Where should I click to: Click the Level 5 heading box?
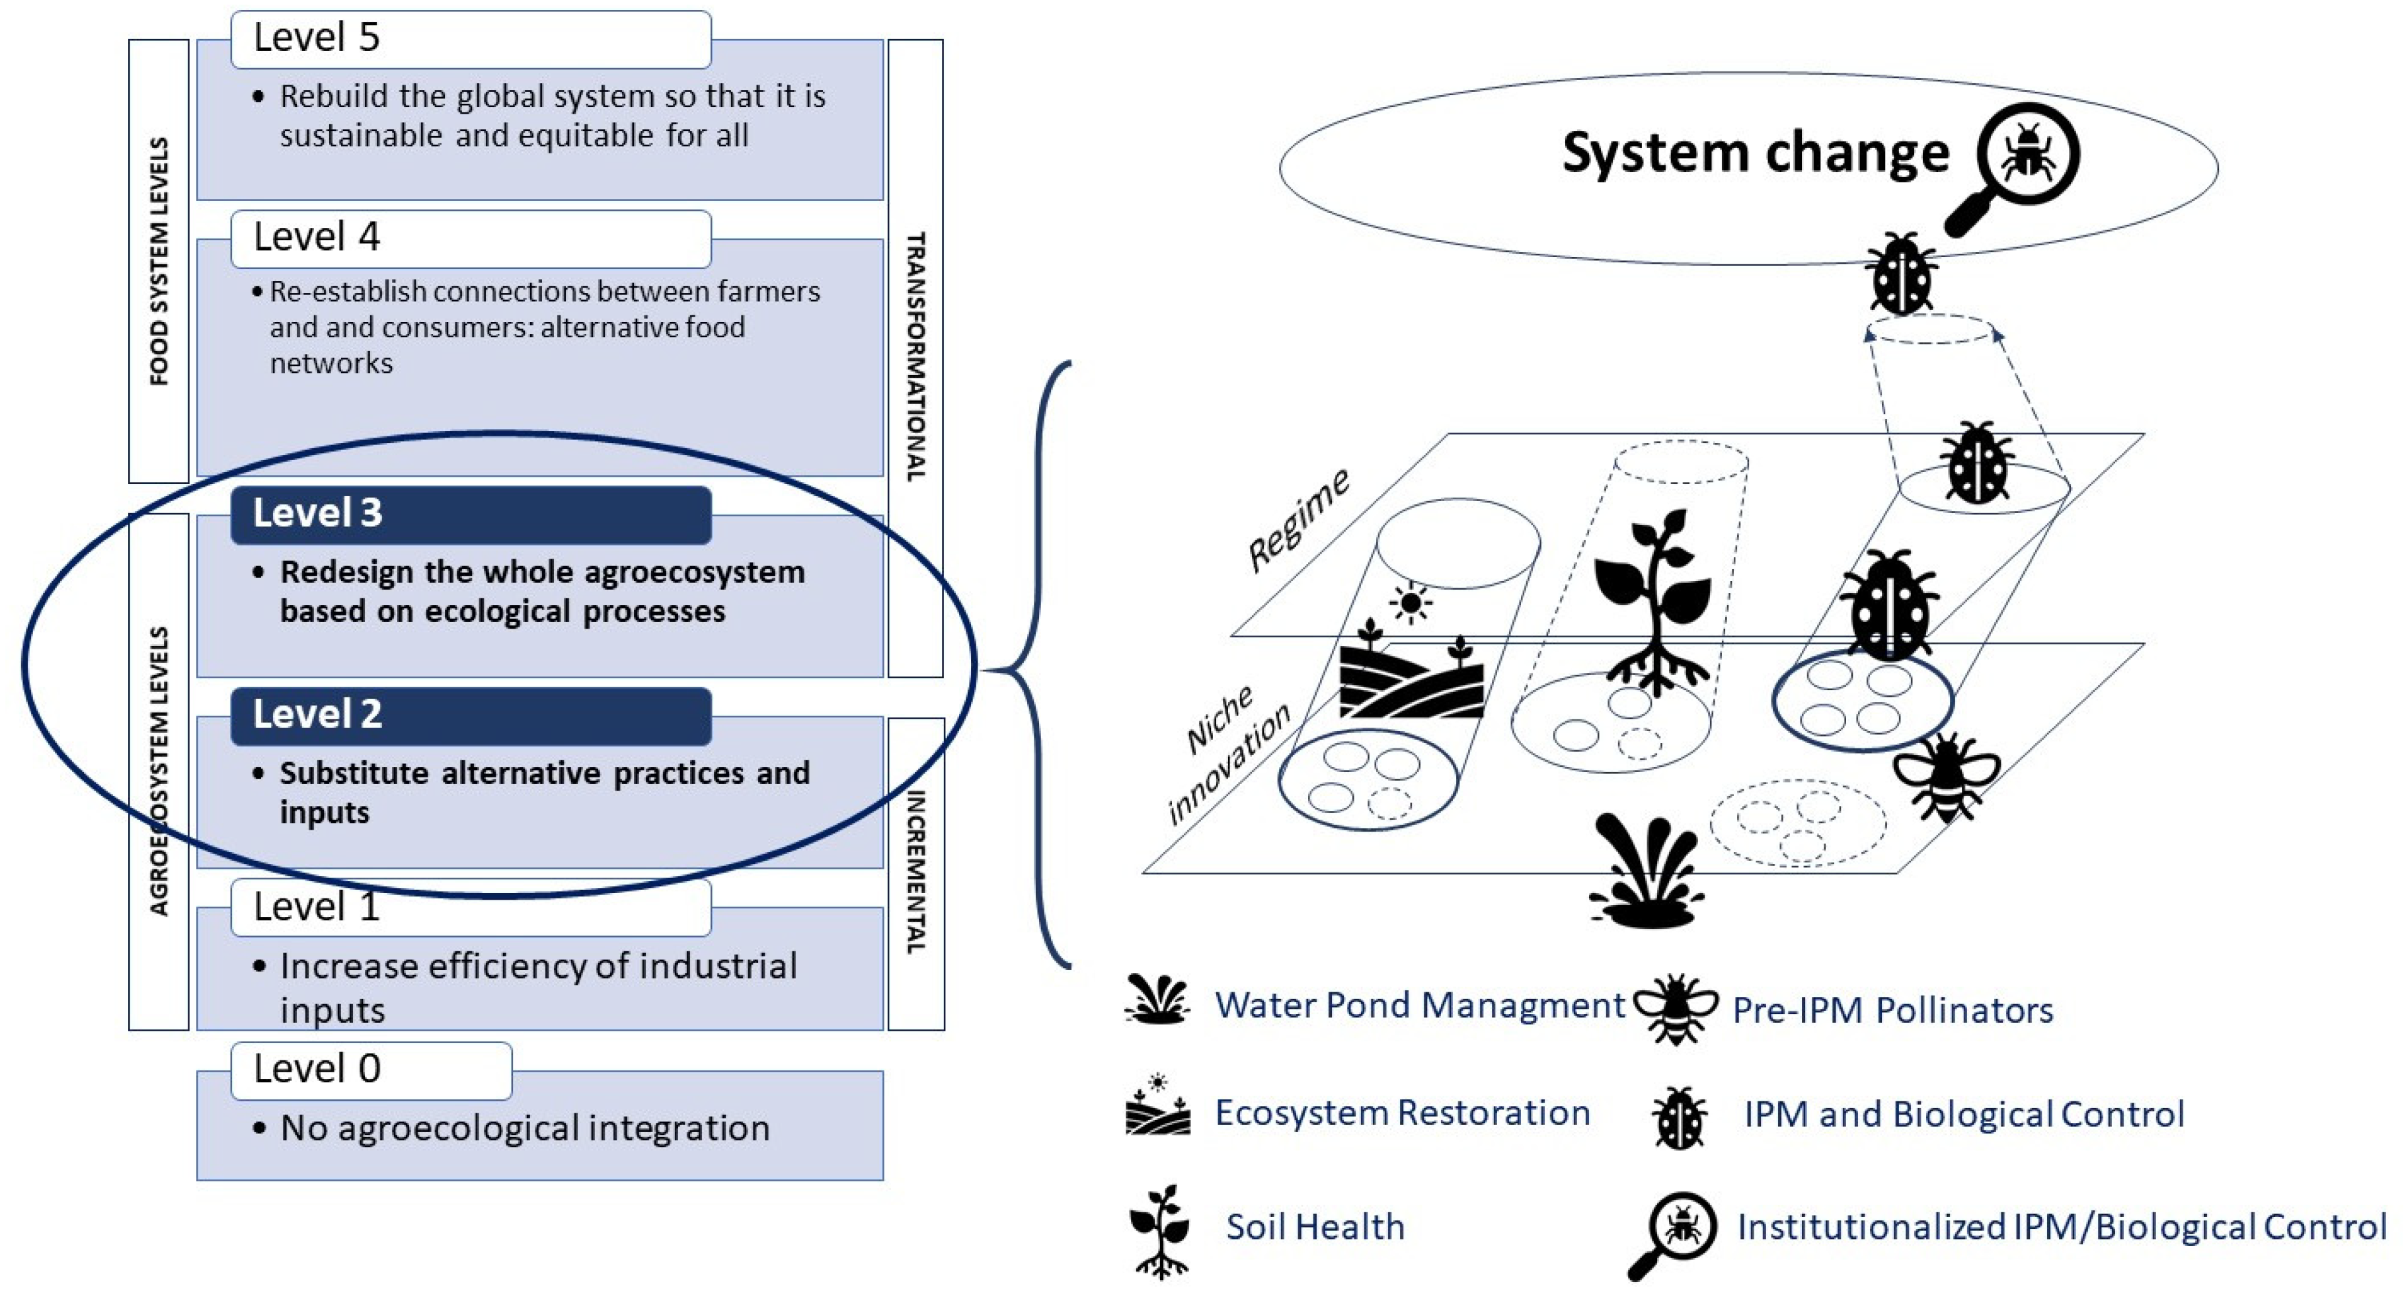(x=470, y=39)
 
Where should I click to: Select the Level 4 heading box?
(x=470, y=238)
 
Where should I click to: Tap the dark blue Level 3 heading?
(x=470, y=514)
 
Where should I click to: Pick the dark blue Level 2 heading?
(x=470, y=715)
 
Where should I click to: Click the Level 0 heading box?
(x=371, y=1070)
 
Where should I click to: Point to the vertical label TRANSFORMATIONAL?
(x=915, y=357)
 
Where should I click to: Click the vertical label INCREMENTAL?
(x=915, y=873)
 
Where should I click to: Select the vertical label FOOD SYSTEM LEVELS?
(x=159, y=262)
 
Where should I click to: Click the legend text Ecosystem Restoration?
(x=1402, y=1113)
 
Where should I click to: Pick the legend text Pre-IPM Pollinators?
(x=1892, y=1009)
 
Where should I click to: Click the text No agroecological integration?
(x=525, y=1128)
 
